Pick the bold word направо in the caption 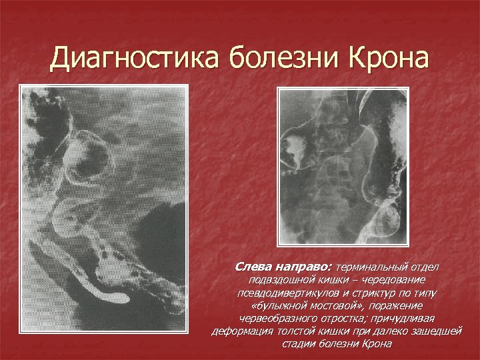305,267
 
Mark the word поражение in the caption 413,305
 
